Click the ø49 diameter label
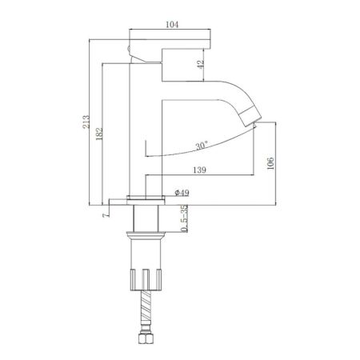pyautogui.click(x=181, y=194)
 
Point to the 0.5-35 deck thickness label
pyautogui.click(x=185, y=219)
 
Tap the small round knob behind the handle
pyautogui.click(x=132, y=54)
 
